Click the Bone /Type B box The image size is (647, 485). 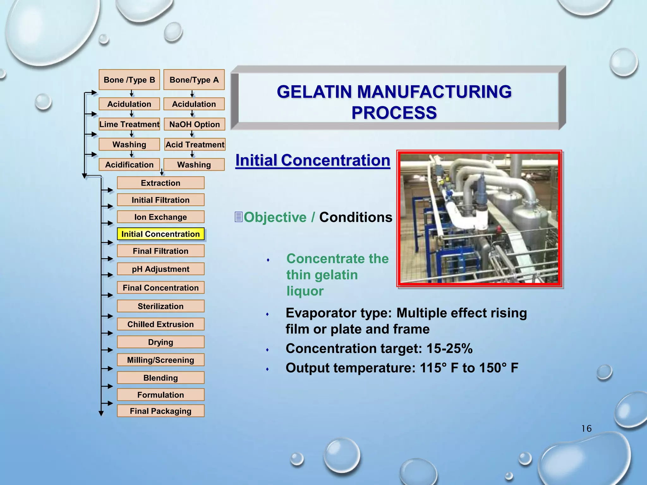pyautogui.click(x=129, y=80)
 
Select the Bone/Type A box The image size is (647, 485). pyautogui.click(x=194, y=80)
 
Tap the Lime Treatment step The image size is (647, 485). pyautogui.click(x=129, y=124)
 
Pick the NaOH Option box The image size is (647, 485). pyautogui.click(x=194, y=124)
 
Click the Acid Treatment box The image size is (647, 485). pyautogui.click(x=195, y=145)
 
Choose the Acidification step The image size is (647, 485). pyautogui.click(x=129, y=165)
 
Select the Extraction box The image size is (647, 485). pyautogui.click(x=160, y=183)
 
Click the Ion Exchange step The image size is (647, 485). pyautogui.click(x=160, y=217)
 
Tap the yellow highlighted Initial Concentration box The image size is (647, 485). pyautogui.click(x=160, y=234)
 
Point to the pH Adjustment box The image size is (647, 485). pyautogui.click(x=160, y=269)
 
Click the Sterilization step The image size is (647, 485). pyautogui.click(x=160, y=306)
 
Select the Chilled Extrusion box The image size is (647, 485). pyautogui.click(x=160, y=324)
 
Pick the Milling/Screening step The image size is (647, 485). pyautogui.click(x=160, y=360)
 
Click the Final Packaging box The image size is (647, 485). pyautogui.click(x=160, y=411)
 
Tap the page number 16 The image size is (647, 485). pyautogui.click(x=586, y=428)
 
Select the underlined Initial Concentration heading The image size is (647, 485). pyautogui.click(x=313, y=160)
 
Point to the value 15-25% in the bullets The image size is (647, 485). pyautogui.click(x=449, y=349)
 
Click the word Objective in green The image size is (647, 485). pyautogui.click(x=275, y=218)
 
